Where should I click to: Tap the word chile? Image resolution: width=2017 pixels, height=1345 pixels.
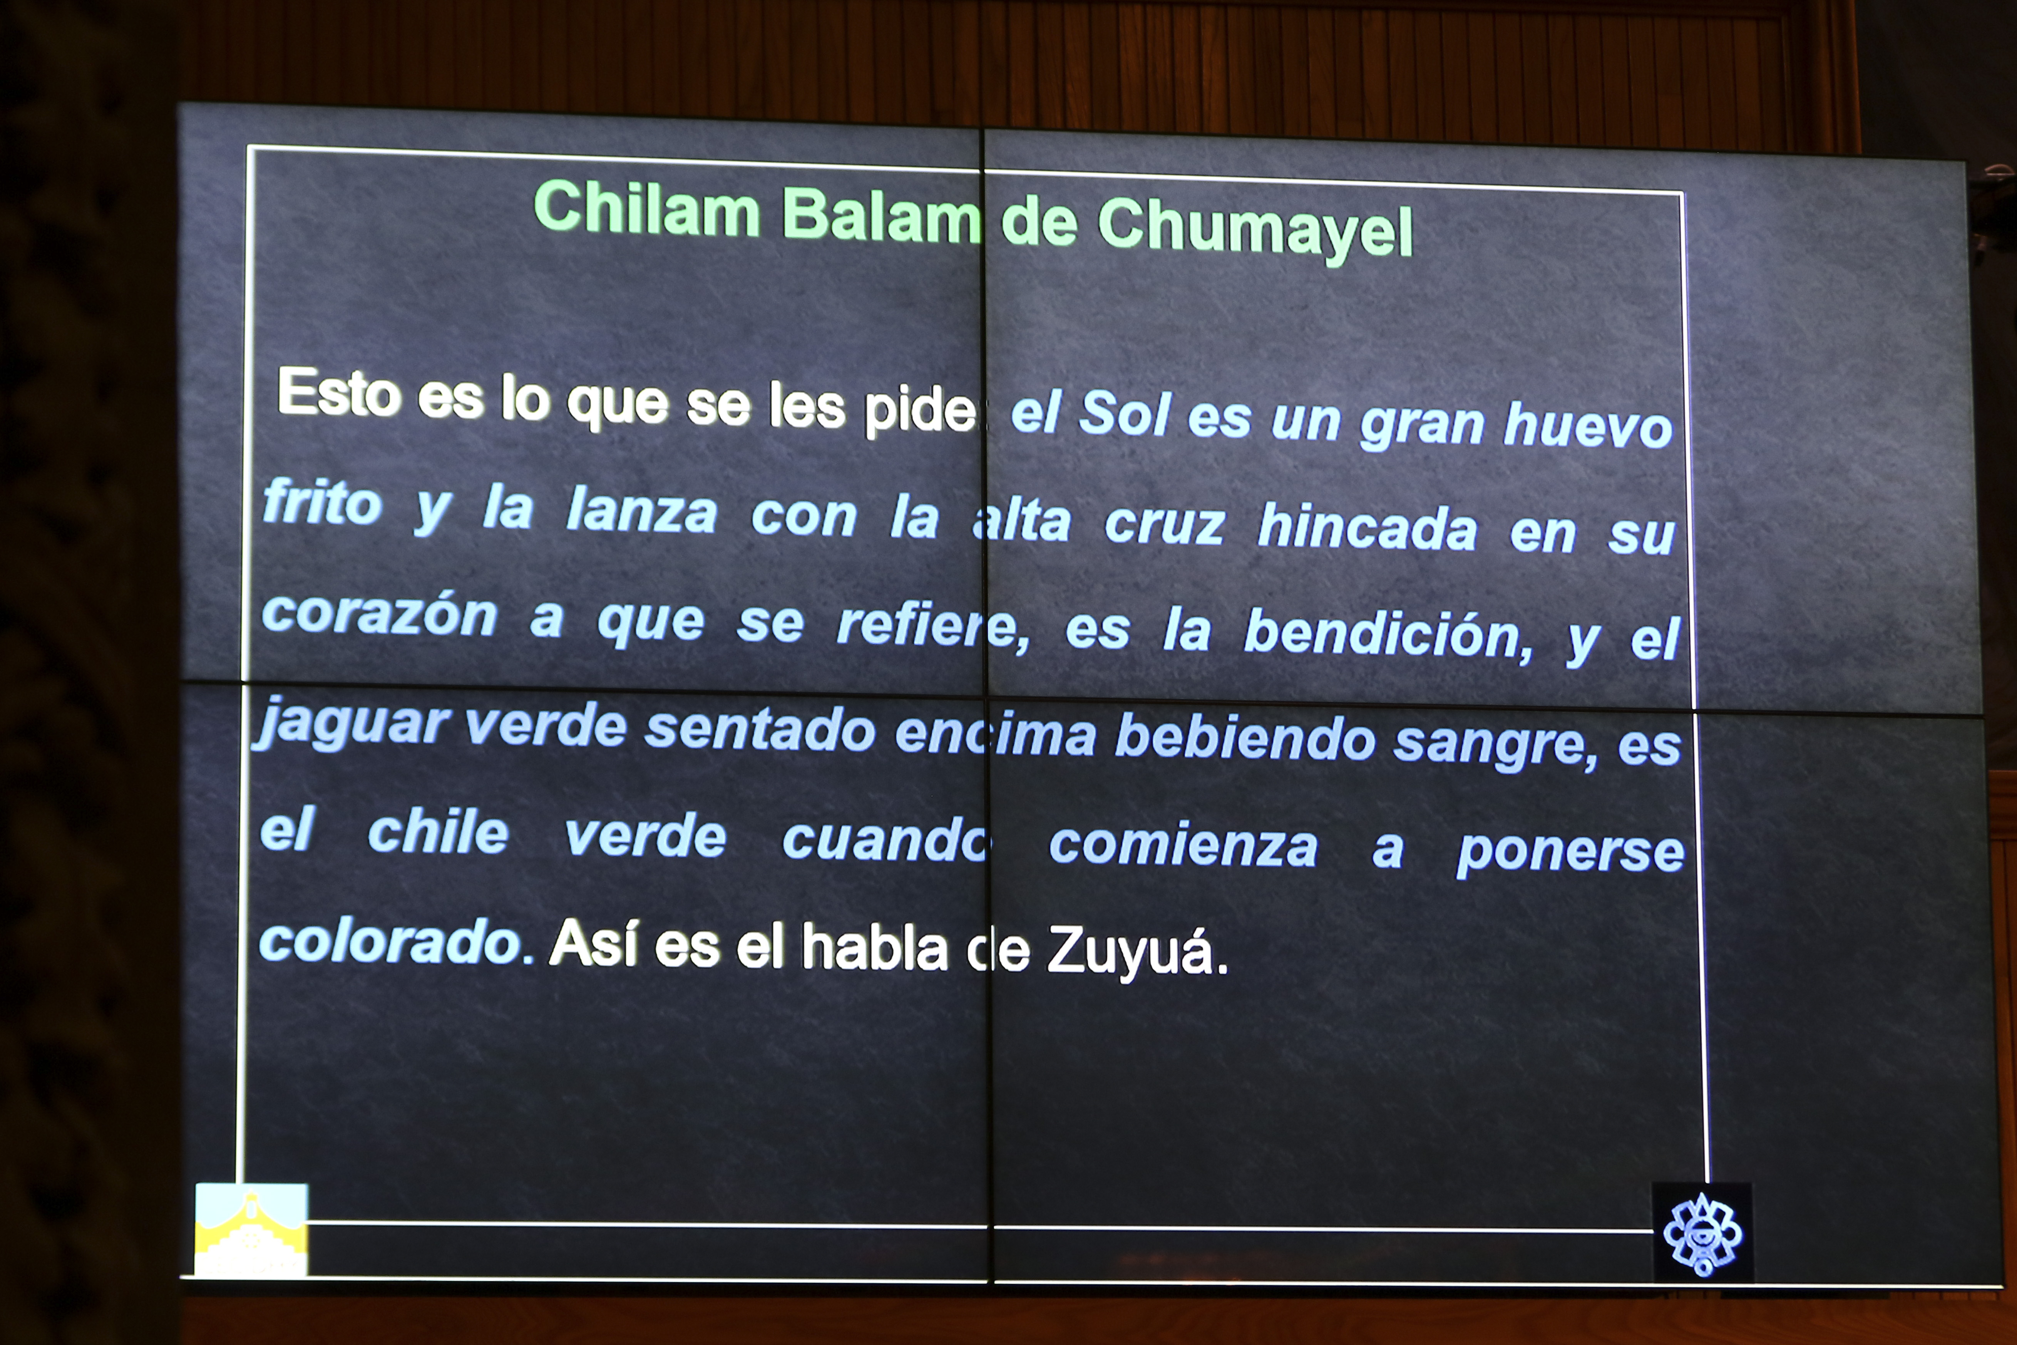tap(438, 832)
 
